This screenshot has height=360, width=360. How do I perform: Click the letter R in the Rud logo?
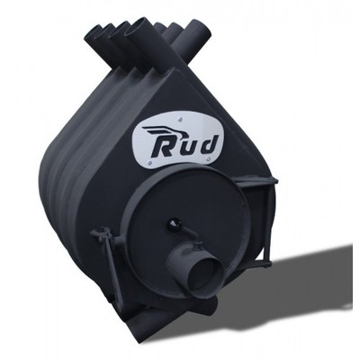click(x=165, y=147)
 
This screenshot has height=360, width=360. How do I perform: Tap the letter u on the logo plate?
click(x=188, y=148)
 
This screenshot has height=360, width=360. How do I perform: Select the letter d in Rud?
click(x=208, y=144)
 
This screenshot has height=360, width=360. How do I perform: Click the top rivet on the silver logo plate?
click(x=180, y=119)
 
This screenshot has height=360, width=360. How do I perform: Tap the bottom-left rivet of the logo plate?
click(x=150, y=164)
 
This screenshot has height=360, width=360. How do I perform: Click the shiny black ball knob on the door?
click(x=173, y=222)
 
